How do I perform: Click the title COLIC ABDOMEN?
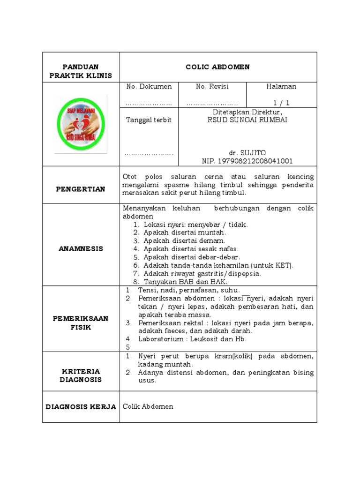pyautogui.click(x=218, y=67)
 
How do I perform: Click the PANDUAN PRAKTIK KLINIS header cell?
pyautogui.click(x=81, y=71)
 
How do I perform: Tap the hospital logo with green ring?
pyautogui.click(x=81, y=124)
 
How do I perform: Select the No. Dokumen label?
pyautogui.click(x=149, y=87)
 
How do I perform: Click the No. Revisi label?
pyautogui.click(x=212, y=87)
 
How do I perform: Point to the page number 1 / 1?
pyautogui.click(x=281, y=103)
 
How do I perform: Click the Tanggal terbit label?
pyautogui.click(x=149, y=120)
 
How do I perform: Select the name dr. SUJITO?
pyautogui.click(x=247, y=153)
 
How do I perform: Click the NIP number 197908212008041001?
pyautogui.click(x=247, y=161)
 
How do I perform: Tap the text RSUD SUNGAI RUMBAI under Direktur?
pyautogui.click(x=247, y=120)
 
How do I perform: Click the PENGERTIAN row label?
pyautogui.click(x=81, y=189)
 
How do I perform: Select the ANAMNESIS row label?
pyautogui.click(x=81, y=249)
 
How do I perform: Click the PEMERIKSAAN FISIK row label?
pyautogui.click(x=81, y=322)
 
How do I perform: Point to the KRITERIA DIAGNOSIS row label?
pyautogui.click(x=81, y=375)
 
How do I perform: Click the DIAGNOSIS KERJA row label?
pyautogui.click(x=81, y=407)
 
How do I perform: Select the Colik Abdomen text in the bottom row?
pyautogui.click(x=148, y=406)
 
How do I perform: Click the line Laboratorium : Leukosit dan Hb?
pyautogui.click(x=192, y=339)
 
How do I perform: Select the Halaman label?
pyautogui.click(x=281, y=87)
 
